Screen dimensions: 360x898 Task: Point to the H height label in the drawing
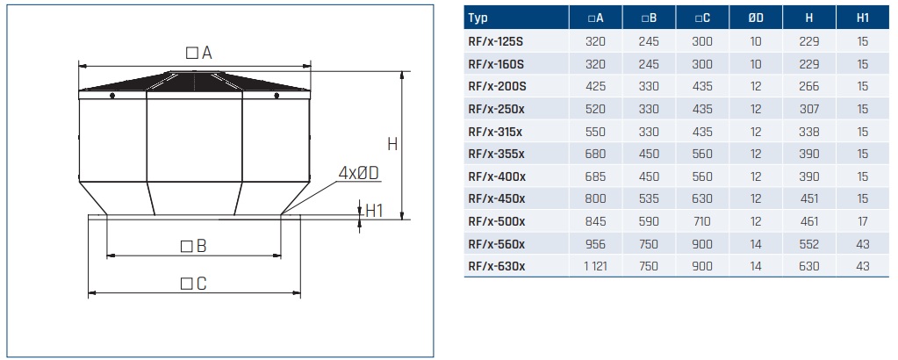(x=392, y=144)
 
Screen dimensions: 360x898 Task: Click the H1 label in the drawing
(x=375, y=211)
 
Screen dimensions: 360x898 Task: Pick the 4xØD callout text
(x=358, y=173)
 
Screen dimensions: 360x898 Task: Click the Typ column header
(x=479, y=18)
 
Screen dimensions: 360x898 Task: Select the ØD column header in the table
(x=756, y=18)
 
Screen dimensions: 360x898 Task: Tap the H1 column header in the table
(x=863, y=18)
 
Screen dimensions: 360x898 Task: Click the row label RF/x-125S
(x=497, y=41)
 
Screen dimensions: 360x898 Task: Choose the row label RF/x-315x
(x=496, y=132)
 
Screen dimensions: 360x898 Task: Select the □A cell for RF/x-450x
(x=595, y=199)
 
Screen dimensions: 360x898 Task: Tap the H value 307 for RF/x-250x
(x=809, y=109)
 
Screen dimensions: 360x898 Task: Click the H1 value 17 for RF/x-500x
(x=863, y=221)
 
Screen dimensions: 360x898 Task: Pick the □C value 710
(x=702, y=221)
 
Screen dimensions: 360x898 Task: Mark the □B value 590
(x=649, y=221)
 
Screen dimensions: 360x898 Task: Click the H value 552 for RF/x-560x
(x=809, y=244)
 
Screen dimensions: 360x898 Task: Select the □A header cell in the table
(x=595, y=18)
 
